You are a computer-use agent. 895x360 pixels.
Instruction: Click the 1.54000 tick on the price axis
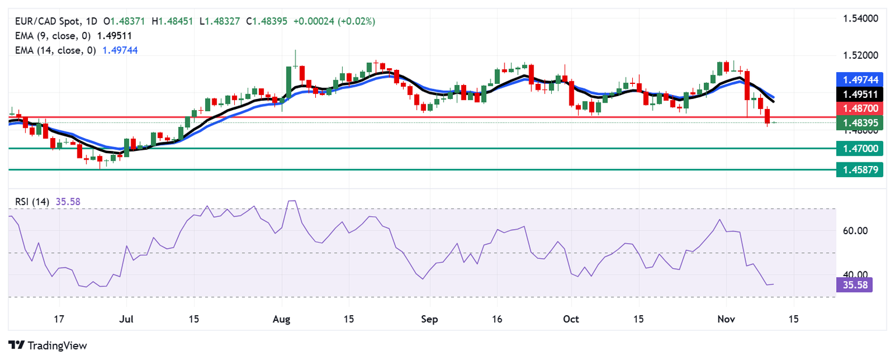(x=861, y=19)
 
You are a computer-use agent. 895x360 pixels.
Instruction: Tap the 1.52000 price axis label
(x=861, y=55)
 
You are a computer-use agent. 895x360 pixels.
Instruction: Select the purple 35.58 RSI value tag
(x=854, y=285)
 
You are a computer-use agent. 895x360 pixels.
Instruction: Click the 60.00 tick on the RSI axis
(x=854, y=231)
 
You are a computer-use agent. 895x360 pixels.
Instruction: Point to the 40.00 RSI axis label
(x=854, y=274)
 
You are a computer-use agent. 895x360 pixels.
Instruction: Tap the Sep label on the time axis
(x=429, y=319)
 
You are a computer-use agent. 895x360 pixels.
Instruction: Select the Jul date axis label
(x=126, y=319)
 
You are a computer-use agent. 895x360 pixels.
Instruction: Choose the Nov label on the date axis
(x=726, y=319)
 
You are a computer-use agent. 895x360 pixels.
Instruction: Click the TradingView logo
(x=48, y=345)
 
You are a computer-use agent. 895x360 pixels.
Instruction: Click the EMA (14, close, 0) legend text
(x=54, y=50)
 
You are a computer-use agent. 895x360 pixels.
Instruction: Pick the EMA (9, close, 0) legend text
(x=51, y=36)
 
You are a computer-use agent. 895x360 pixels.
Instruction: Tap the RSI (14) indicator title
(x=33, y=202)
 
